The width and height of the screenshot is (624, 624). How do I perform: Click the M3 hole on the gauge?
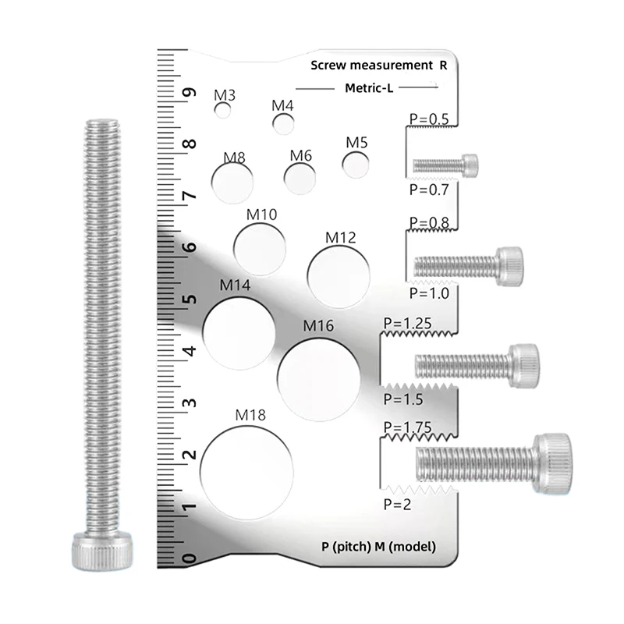(x=224, y=111)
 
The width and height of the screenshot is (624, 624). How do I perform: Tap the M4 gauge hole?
(x=283, y=122)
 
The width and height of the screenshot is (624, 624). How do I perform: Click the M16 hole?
(x=318, y=377)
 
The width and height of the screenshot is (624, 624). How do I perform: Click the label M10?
(x=261, y=214)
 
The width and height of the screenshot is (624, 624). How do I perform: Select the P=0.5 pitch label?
(x=429, y=119)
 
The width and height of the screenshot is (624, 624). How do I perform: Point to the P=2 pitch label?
(x=399, y=504)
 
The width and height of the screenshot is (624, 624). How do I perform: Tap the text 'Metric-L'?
(x=369, y=88)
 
